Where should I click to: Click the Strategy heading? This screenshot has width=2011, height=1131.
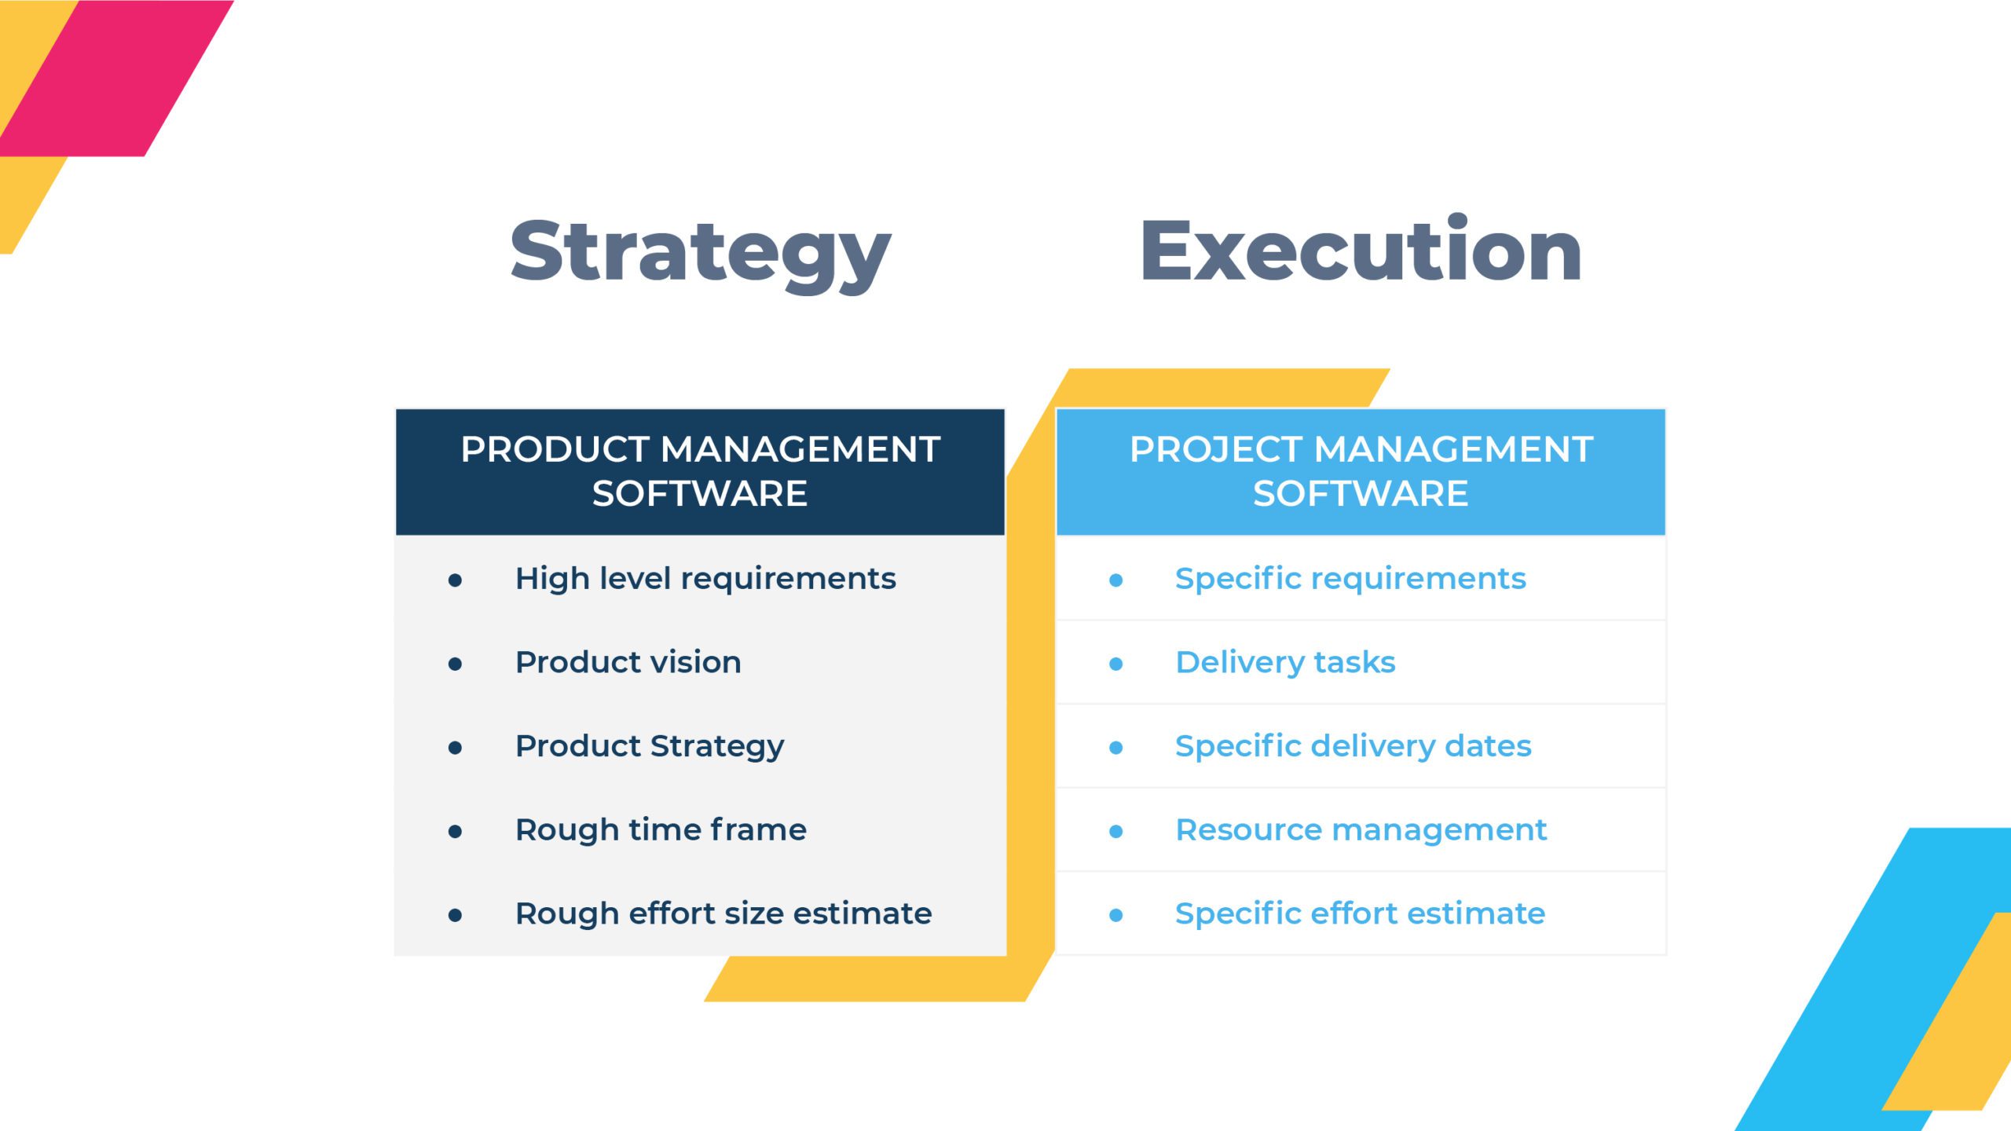pyautogui.click(x=700, y=253)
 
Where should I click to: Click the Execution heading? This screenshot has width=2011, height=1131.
pyautogui.click(x=1361, y=249)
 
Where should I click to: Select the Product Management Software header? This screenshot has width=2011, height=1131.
pyautogui.click(x=700, y=471)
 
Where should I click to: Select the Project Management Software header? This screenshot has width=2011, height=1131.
pyautogui.click(x=1361, y=471)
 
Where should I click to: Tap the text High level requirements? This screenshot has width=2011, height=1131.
pyautogui.click(x=705, y=579)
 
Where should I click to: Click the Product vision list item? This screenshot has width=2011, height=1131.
pyautogui.click(x=628, y=662)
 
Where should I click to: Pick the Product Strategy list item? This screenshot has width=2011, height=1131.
pyautogui.click(x=650, y=747)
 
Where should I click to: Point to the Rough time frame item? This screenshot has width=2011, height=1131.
pyautogui.click(x=661, y=830)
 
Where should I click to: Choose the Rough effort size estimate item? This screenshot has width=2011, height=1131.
pyautogui.click(x=723, y=913)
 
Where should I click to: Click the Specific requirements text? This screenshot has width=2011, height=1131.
pyautogui.click(x=1350, y=579)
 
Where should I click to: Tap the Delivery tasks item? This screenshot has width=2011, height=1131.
pyautogui.click(x=1285, y=663)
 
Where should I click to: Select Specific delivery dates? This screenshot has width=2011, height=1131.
pyautogui.click(x=1353, y=747)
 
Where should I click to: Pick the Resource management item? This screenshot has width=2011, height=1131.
pyautogui.click(x=1361, y=830)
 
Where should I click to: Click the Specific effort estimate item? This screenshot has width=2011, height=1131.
pyautogui.click(x=1360, y=913)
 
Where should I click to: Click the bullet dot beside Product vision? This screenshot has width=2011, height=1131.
pyautogui.click(x=455, y=664)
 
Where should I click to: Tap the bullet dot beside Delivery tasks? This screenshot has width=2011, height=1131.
pyautogui.click(x=1115, y=664)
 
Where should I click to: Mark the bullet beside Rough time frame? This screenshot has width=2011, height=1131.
pyautogui.click(x=455, y=832)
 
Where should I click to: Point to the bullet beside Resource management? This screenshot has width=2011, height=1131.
pyautogui.click(x=1115, y=832)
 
